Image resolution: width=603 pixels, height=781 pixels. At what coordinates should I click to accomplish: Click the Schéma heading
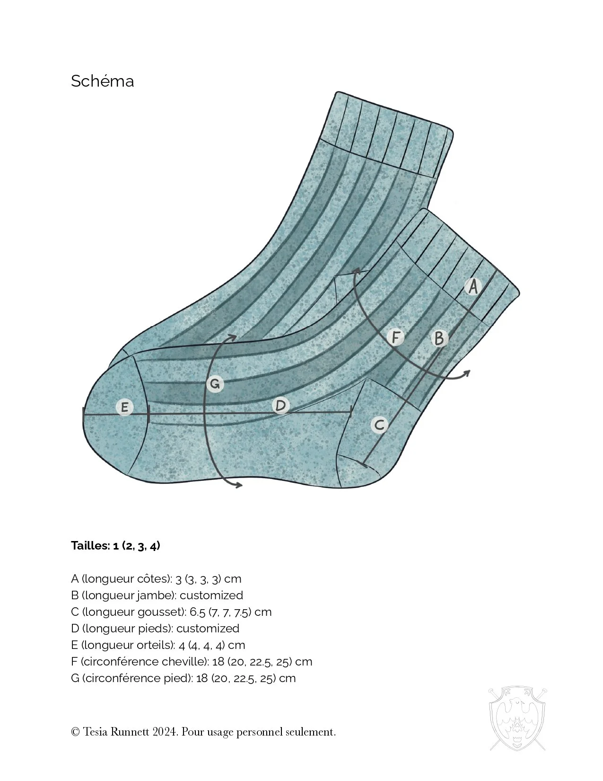[102, 81]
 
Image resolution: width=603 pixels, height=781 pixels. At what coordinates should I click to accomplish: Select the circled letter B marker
[439, 338]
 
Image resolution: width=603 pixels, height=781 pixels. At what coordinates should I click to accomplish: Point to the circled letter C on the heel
[379, 425]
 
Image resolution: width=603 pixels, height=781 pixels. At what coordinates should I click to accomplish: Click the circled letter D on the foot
[281, 405]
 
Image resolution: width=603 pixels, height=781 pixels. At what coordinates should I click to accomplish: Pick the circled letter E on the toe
[125, 407]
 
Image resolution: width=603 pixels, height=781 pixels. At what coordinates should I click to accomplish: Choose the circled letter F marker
[396, 337]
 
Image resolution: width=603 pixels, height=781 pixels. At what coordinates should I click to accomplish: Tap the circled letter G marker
[215, 383]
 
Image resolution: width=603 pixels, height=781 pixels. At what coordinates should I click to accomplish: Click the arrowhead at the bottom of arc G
[239, 484]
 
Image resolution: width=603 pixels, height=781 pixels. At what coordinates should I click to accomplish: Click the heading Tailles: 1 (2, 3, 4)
[115, 545]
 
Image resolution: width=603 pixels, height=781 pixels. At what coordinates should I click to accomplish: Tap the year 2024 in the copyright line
[165, 732]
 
